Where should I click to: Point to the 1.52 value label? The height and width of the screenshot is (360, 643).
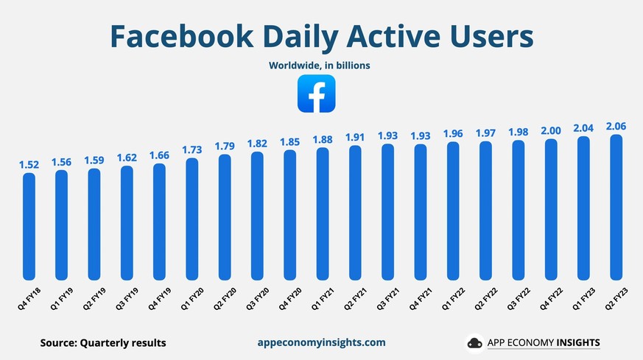29,163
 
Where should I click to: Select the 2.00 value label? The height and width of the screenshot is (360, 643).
551,130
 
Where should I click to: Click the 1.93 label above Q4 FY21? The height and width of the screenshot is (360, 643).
421,135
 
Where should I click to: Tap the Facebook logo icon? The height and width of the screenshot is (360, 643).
316,94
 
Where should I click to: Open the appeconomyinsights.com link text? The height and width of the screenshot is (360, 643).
321,342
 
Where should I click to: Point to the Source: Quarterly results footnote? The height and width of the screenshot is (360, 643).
103,342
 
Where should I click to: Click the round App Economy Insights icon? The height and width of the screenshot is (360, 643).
474,343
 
